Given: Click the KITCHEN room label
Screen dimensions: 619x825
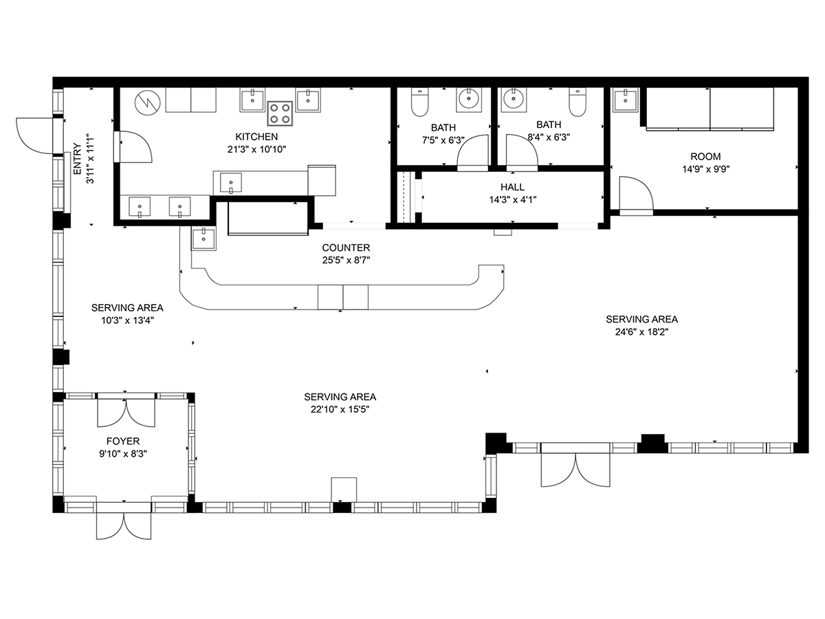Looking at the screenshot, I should [x=256, y=137].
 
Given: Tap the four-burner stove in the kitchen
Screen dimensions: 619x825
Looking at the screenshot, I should [x=280, y=113].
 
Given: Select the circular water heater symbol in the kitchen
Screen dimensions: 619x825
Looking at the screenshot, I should [x=147, y=102].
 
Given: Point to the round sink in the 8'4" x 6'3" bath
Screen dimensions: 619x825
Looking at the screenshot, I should [x=514, y=100].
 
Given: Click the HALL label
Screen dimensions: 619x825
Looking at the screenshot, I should [x=512, y=187].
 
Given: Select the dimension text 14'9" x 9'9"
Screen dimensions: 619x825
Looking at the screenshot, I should [x=705, y=169].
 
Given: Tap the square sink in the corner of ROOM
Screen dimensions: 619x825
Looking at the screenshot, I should [x=626, y=100].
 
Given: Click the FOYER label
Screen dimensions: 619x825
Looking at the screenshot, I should [x=123, y=442].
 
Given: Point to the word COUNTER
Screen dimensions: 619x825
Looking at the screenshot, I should [x=346, y=248].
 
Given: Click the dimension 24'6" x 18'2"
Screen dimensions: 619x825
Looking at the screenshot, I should [x=641, y=332].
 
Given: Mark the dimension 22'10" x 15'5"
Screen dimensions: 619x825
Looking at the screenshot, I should [x=340, y=409].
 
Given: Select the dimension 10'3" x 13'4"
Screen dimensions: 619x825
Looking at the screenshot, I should [x=123, y=320].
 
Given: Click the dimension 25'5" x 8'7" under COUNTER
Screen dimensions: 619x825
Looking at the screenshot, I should [x=346, y=260].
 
